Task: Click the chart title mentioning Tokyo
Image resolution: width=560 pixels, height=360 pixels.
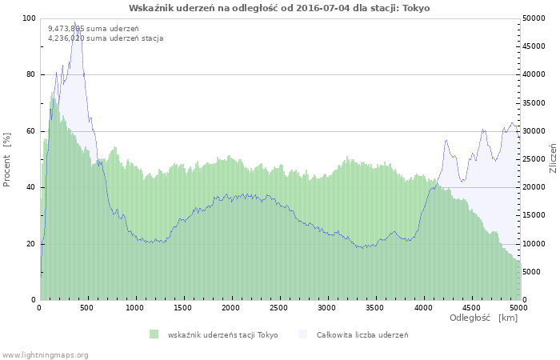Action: click(x=279, y=8)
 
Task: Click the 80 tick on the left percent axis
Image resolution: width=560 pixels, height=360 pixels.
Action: click(x=30, y=74)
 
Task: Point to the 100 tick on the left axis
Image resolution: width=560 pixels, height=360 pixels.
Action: click(x=29, y=18)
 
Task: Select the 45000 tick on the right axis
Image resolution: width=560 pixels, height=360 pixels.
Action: click(x=534, y=46)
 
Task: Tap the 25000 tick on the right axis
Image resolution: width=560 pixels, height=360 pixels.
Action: click(x=534, y=159)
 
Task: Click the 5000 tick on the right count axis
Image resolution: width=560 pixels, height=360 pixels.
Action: click(x=532, y=272)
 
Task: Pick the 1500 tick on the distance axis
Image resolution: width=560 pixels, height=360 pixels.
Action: click(x=183, y=307)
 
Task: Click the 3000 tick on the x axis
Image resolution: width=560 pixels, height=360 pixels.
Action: click(x=327, y=307)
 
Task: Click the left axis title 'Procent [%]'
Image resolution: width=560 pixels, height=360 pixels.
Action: click(x=8, y=159)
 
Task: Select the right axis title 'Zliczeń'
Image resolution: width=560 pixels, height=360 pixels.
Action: click(x=552, y=159)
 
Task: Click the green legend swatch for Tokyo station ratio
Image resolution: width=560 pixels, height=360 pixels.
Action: click(x=154, y=334)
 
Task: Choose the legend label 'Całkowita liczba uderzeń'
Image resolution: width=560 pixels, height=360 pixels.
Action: click(x=362, y=334)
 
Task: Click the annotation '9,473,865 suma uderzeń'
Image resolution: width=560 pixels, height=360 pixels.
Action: click(x=93, y=29)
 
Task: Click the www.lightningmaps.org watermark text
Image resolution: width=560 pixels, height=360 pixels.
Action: click(x=45, y=354)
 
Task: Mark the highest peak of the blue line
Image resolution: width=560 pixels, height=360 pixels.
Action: click(x=75, y=22)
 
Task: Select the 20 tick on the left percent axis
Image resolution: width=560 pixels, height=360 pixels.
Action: click(x=30, y=243)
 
